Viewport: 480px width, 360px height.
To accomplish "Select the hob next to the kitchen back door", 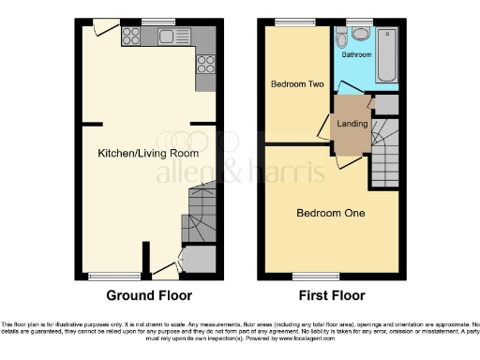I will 131,37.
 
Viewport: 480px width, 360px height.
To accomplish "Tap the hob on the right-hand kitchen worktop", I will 204,65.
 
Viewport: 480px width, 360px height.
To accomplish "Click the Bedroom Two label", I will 297,84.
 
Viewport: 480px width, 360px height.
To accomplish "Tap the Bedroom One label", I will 331,213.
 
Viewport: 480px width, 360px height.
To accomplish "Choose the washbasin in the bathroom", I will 361,35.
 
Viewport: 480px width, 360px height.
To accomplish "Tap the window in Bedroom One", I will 304,276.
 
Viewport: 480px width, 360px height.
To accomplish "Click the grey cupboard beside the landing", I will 385,105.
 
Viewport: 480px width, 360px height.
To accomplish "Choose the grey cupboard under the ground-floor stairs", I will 197,258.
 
